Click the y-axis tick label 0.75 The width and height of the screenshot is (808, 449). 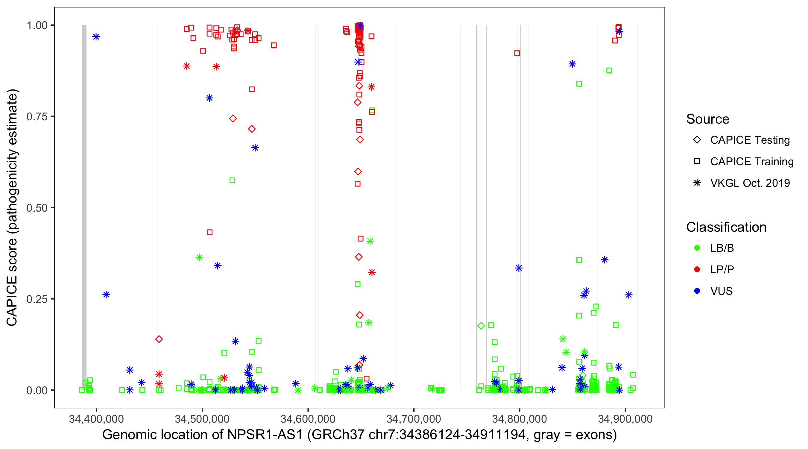click(37, 117)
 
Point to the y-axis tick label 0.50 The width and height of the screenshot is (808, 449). click(37, 208)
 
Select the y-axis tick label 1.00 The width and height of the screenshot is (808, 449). click(37, 25)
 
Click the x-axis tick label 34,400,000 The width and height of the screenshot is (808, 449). click(96, 419)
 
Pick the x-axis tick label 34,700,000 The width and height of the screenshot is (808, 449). click(414, 419)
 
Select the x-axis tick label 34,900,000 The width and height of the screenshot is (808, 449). click(625, 419)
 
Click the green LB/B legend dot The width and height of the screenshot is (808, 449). click(697, 248)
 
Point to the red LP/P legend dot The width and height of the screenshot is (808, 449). click(697, 269)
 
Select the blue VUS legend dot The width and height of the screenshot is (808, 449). click(697, 291)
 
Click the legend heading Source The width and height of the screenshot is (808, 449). click(708, 119)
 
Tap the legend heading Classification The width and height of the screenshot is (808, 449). click(726, 227)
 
